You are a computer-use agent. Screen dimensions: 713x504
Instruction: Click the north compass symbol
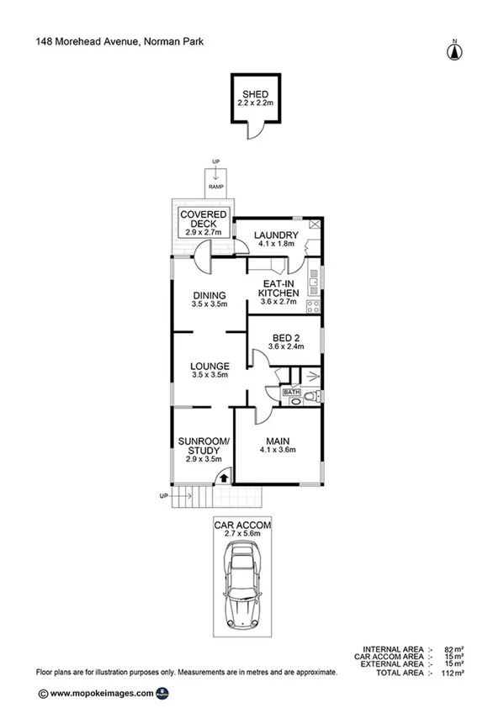[454, 50]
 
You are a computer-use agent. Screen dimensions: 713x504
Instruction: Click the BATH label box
[291, 392]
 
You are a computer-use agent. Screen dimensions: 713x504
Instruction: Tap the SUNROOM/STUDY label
[204, 449]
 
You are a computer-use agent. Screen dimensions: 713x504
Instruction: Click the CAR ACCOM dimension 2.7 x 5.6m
[242, 533]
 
